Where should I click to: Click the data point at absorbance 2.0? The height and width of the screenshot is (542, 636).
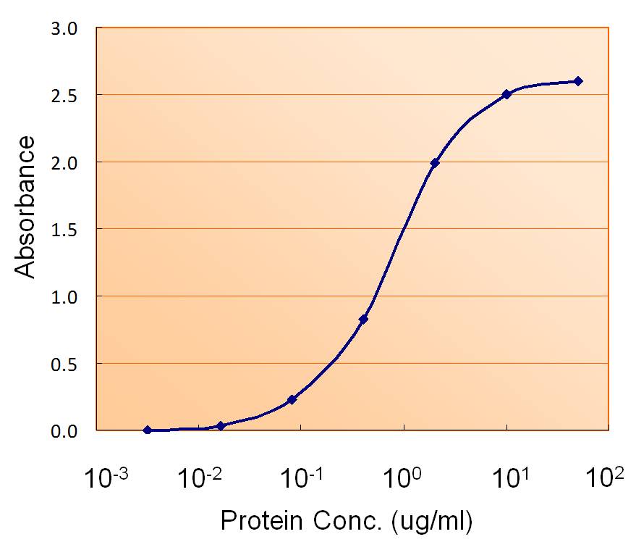(x=435, y=163)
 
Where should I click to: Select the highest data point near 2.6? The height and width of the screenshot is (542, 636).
(x=578, y=81)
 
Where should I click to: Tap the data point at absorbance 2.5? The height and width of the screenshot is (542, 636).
(x=506, y=94)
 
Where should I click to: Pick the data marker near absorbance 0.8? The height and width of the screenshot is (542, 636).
(x=363, y=320)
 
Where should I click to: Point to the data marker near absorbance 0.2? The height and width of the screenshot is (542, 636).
(x=292, y=399)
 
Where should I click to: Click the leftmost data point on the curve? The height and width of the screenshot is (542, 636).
(x=148, y=430)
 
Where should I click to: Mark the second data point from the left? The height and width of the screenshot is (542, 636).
(x=221, y=425)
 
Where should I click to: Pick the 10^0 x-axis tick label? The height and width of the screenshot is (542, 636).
(x=404, y=478)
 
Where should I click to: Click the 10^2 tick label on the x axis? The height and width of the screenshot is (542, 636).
(x=606, y=478)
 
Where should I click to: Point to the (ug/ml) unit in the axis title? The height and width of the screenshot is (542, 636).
(x=431, y=520)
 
